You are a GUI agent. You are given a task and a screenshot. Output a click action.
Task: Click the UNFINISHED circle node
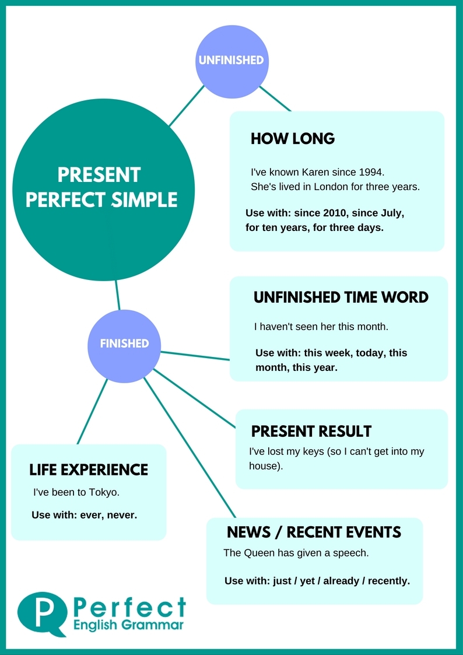click(x=232, y=60)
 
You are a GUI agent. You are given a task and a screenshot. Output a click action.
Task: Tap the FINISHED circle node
click(x=124, y=344)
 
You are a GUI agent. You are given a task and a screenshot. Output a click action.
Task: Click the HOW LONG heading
click(x=292, y=139)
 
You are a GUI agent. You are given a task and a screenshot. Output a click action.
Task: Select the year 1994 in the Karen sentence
click(x=373, y=173)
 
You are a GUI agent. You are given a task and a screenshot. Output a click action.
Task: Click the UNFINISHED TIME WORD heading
click(x=341, y=297)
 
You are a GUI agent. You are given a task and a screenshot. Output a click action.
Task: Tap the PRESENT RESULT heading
click(x=311, y=432)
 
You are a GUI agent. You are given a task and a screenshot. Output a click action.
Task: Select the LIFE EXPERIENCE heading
click(x=89, y=470)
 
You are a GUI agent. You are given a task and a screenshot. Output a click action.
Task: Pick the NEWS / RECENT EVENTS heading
click(x=314, y=532)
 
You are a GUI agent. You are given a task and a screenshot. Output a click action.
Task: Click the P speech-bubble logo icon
click(x=43, y=613)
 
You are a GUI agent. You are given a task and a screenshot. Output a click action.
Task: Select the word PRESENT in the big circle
click(x=99, y=174)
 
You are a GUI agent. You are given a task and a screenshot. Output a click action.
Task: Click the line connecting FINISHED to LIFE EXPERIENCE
click(x=92, y=411)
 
